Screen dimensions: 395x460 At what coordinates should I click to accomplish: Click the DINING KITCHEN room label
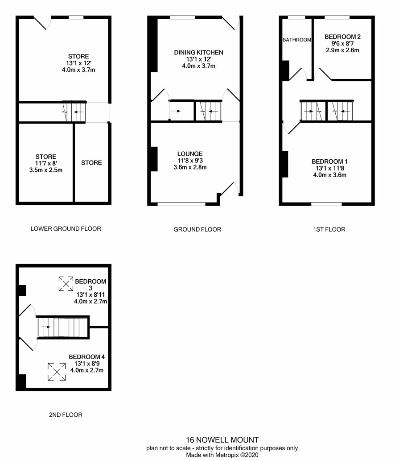click(198, 53)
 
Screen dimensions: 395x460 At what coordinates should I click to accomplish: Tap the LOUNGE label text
click(190, 154)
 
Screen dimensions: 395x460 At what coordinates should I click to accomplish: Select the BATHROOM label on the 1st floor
click(297, 40)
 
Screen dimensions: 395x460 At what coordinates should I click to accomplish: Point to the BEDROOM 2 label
click(342, 37)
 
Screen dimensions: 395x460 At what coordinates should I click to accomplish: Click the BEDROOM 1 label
click(329, 162)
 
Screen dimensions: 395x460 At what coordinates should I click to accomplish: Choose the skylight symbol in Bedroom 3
click(66, 284)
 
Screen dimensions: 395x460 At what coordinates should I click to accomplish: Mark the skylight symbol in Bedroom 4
click(57, 372)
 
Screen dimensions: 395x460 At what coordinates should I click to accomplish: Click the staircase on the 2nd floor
click(63, 327)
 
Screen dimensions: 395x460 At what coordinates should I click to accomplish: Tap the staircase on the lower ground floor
click(74, 112)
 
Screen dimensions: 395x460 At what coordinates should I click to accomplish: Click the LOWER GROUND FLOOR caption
click(66, 229)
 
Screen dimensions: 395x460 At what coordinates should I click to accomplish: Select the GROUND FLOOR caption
click(197, 229)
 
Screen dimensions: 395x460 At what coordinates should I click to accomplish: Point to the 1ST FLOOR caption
click(329, 229)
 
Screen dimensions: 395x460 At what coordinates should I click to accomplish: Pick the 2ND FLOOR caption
click(66, 415)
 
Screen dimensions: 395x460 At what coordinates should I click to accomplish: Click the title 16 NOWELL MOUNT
click(222, 440)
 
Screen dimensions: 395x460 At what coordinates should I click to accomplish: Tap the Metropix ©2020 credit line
click(222, 455)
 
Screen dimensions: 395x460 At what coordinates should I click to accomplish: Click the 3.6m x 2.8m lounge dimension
click(190, 167)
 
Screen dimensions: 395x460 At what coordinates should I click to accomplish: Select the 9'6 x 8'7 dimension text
click(342, 43)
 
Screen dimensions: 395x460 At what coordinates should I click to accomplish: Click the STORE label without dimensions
click(91, 163)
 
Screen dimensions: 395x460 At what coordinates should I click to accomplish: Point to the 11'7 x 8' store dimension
click(46, 163)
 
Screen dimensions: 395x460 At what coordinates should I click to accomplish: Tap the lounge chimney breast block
click(154, 159)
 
